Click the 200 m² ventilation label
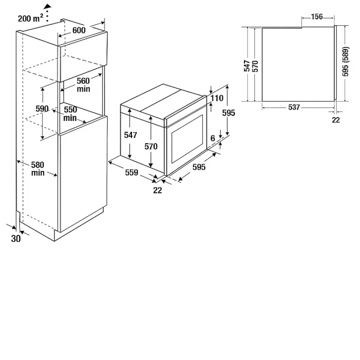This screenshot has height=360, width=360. coord(31,18)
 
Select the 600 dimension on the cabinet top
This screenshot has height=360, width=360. coord(79,30)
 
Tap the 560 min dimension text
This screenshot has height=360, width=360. coord(83,85)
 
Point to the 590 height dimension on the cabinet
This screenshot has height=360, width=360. coord(42,108)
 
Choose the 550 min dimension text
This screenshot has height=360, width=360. coord(70,114)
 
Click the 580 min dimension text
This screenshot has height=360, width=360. coord(38,169)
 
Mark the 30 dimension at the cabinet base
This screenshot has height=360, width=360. coord(16,239)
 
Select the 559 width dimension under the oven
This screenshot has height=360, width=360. coord(131,172)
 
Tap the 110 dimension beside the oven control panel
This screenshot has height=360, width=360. coord(217,98)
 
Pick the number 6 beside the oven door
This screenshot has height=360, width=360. coord(213,139)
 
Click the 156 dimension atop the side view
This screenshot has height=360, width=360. coord(317,17)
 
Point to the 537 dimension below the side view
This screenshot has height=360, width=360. coord(294,107)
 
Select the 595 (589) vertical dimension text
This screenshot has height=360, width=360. coord(345,62)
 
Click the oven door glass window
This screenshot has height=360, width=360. coord(187,139)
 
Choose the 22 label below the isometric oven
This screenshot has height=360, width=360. coord(157,190)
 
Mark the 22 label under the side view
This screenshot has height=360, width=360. coord(336,120)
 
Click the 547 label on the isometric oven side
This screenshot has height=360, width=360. coord(130,135)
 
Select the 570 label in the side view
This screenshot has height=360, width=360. coord(255,66)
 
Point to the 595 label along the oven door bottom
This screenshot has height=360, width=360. coord(199,167)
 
